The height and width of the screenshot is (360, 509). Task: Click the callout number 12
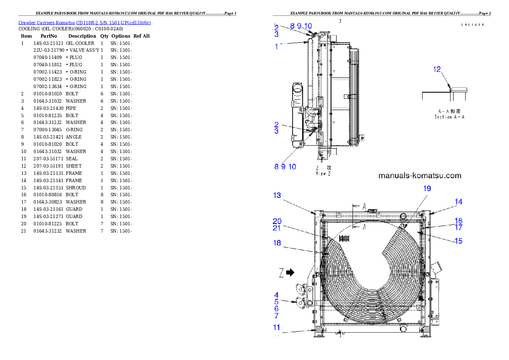437,69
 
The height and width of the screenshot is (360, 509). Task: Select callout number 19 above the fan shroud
427,188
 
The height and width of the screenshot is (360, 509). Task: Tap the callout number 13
277,195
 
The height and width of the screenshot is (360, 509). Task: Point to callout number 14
458,202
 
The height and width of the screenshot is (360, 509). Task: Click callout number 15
458,241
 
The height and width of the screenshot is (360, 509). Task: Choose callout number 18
277,242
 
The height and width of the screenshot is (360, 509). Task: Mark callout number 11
277,328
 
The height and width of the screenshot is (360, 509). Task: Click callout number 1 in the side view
276,47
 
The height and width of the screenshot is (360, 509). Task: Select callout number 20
277,221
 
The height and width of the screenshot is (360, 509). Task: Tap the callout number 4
276,295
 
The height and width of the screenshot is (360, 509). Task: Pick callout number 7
276,316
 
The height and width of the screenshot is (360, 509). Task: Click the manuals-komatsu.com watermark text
420,175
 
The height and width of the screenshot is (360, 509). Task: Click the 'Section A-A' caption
449,117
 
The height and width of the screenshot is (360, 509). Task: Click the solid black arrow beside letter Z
290,272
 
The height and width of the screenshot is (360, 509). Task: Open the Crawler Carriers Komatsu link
84,22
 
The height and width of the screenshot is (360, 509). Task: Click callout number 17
458,227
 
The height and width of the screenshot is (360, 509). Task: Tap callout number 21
277,228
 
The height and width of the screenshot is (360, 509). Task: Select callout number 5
276,301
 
